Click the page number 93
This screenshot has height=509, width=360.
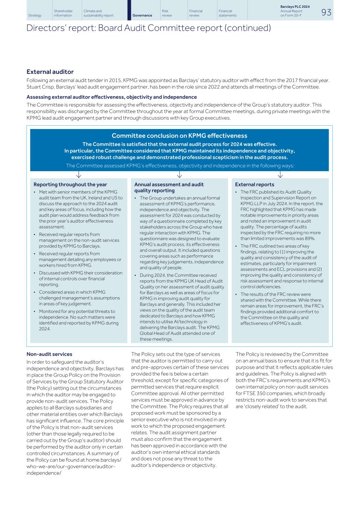tap(326, 12)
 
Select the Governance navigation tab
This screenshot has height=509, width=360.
tap(142, 15)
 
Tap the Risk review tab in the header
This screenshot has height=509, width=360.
tap(167, 13)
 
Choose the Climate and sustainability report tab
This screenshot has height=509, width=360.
tap(98, 13)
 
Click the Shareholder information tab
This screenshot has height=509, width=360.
tap(63, 13)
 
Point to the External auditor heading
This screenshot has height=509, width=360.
tap(50, 72)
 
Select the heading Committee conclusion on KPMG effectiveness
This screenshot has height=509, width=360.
tap(179, 136)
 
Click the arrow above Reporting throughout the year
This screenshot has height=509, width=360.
tap(78, 175)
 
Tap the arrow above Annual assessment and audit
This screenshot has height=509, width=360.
tap(179, 175)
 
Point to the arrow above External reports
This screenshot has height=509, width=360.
tap(280, 175)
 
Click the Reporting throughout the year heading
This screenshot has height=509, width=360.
tap(70, 185)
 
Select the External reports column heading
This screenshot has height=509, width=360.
tap(254, 185)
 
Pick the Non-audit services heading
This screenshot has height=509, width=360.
tap(49, 354)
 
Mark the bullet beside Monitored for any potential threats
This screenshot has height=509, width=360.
tap(35, 311)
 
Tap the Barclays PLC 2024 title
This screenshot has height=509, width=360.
tap(295, 7)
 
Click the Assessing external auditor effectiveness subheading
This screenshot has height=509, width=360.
tap(112, 97)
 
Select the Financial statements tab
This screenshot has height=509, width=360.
tap(228, 13)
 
